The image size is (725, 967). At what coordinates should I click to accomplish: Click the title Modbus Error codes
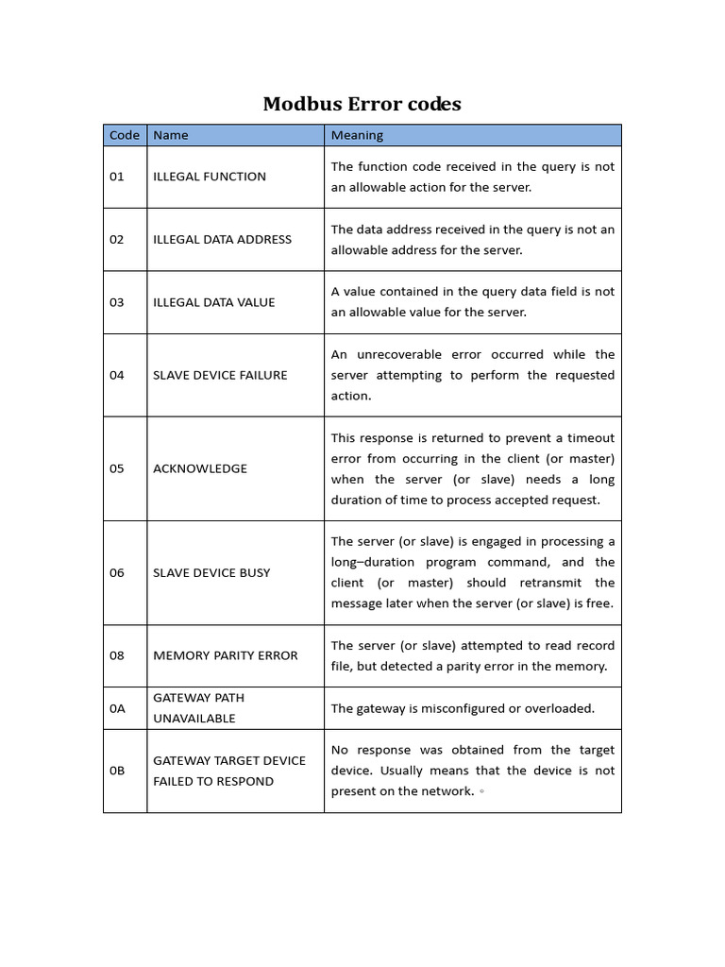click(x=362, y=104)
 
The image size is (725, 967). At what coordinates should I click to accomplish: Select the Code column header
click(x=125, y=135)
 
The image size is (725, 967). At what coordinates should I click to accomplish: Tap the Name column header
click(x=171, y=135)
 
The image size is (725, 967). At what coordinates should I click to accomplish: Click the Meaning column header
click(x=357, y=135)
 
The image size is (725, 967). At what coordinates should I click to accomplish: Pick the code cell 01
click(x=117, y=177)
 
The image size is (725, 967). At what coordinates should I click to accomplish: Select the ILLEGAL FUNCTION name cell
click(x=210, y=177)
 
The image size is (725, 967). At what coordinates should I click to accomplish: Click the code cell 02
click(x=117, y=240)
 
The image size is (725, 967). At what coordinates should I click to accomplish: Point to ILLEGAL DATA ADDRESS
click(x=222, y=240)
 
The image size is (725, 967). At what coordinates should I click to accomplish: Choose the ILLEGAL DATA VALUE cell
click(x=214, y=303)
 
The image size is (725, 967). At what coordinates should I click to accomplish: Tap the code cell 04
click(x=117, y=375)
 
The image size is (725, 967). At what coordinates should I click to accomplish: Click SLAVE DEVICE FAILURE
click(x=220, y=375)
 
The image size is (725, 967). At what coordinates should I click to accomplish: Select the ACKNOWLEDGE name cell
click(x=200, y=468)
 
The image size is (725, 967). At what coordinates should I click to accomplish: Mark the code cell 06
click(x=117, y=572)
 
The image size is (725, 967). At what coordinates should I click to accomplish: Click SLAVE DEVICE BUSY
click(x=211, y=572)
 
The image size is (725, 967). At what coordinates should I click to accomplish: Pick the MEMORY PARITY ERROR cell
click(x=225, y=655)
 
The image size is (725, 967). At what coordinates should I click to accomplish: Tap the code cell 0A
click(x=117, y=708)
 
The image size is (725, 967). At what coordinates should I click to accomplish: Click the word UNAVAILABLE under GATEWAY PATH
click(x=194, y=719)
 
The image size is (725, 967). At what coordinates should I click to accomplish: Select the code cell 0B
click(x=117, y=771)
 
